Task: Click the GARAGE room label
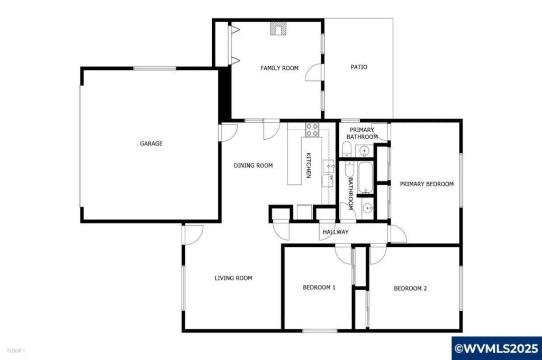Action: pos(151,143)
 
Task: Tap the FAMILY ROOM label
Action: pos(279,68)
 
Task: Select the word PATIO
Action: pos(359,67)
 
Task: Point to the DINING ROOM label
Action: pos(253,166)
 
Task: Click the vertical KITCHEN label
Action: pos(308,165)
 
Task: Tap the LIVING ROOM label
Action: pos(233,278)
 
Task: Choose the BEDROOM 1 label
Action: pos(319,287)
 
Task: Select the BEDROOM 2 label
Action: pos(410,289)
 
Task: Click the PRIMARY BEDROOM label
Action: pos(427,184)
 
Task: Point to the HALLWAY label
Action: pos(336,232)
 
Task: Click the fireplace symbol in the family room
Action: pos(276,29)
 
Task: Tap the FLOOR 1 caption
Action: pos(16,350)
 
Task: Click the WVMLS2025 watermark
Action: pos(496,348)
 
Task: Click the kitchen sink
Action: pos(329,167)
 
